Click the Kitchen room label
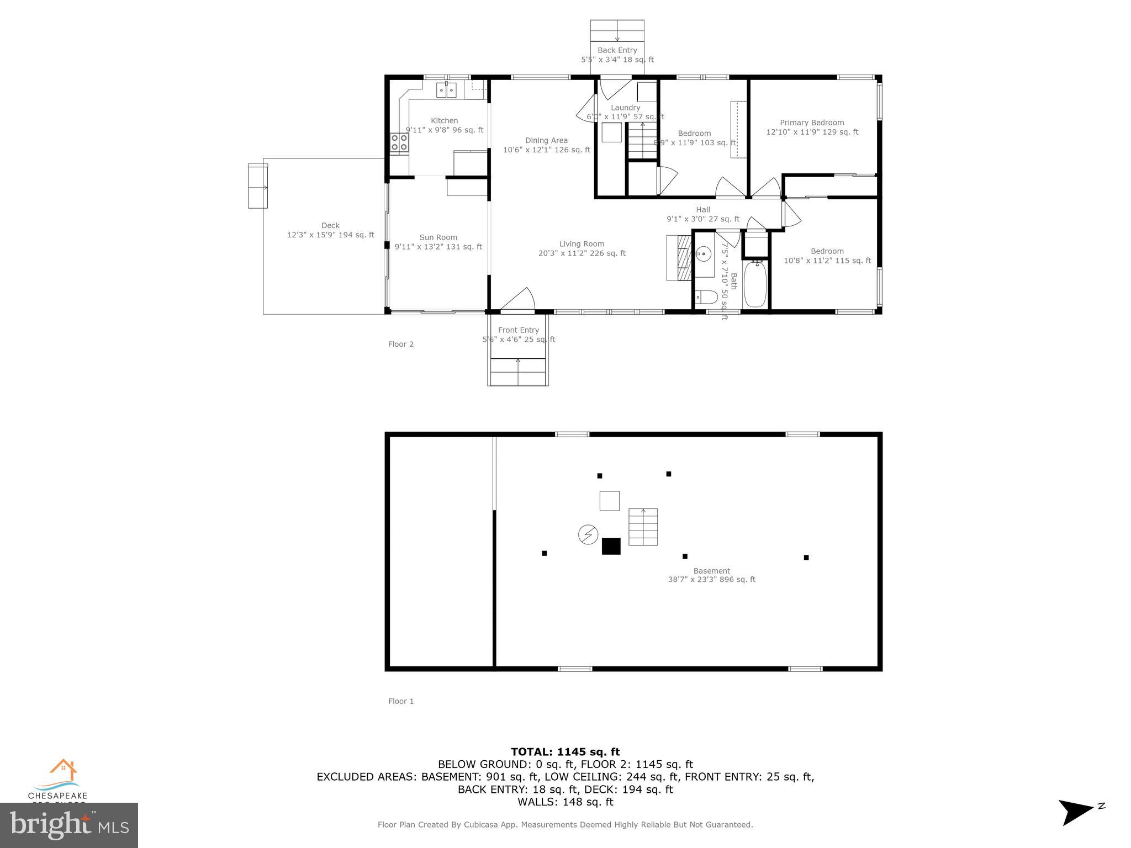pyautogui.click(x=444, y=121)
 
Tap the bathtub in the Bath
pyautogui.click(x=755, y=284)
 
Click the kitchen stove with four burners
pyautogui.click(x=399, y=142)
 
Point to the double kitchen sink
pyautogui.click(x=446, y=90)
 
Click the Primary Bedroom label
pyautogui.click(x=811, y=123)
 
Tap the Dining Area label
pyautogui.click(x=546, y=141)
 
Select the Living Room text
pyautogui.click(x=582, y=244)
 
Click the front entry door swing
pyautogui.click(x=519, y=301)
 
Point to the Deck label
pyautogui.click(x=330, y=225)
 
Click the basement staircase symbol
pyautogui.click(x=643, y=527)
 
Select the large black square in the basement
pyautogui.click(x=611, y=546)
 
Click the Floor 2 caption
pyautogui.click(x=400, y=344)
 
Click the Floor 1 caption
pyautogui.click(x=400, y=701)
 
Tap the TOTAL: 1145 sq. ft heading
pyautogui.click(x=565, y=751)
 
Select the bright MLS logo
pyautogui.click(x=69, y=825)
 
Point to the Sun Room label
pyautogui.click(x=438, y=237)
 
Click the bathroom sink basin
pyautogui.click(x=704, y=255)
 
